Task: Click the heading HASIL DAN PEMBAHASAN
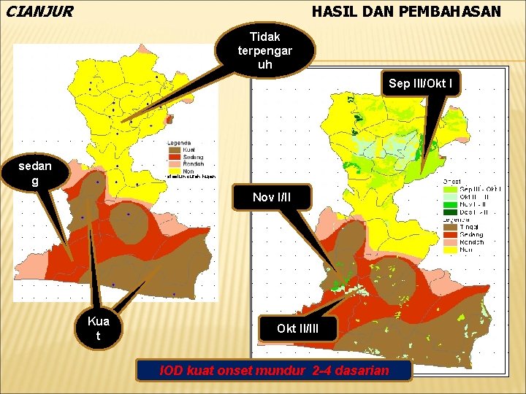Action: [406, 12]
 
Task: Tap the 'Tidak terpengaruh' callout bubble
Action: [264, 50]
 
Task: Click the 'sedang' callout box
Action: [35, 174]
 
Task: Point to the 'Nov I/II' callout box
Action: [272, 198]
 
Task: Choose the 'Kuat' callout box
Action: [98, 328]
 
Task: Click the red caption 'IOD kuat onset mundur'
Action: [275, 371]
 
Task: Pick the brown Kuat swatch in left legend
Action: [174, 150]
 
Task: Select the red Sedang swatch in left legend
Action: [174, 157]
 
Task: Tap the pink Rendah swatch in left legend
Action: [174, 163]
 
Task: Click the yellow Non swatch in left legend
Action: [174, 170]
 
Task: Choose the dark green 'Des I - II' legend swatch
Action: [449, 212]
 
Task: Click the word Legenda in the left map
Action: [179, 143]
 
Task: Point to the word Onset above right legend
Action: [453, 181]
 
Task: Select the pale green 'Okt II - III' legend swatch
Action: [449, 197]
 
